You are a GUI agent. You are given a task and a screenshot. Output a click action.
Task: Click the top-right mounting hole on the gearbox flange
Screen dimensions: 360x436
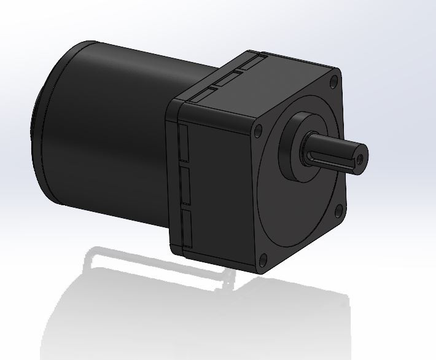pos(332,80)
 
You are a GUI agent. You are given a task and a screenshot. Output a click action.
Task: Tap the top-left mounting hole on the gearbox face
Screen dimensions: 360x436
pos(258,130)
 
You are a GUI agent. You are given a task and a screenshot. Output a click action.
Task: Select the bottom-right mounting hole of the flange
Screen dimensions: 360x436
pos(338,211)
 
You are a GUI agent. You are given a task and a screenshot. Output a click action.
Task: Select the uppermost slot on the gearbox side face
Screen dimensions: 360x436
pos(182,141)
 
